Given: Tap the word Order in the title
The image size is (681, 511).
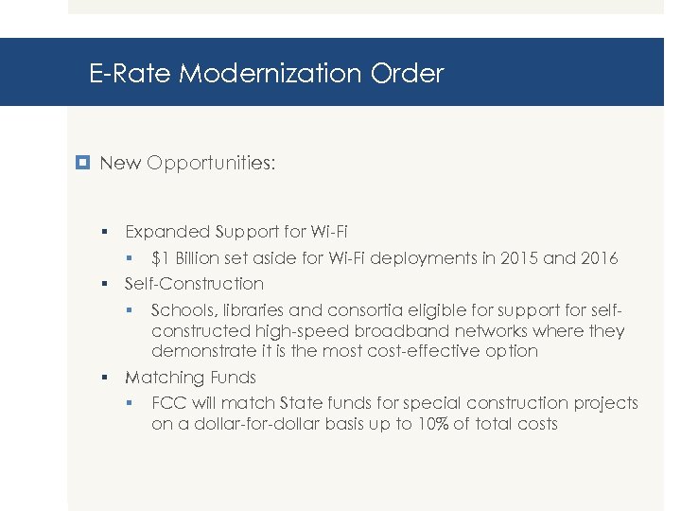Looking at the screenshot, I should (x=414, y=73).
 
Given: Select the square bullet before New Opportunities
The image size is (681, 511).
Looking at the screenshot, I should (x=83, y=163).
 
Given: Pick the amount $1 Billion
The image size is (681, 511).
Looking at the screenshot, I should (x=188, y=258).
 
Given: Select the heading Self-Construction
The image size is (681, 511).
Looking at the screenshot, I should (x=194, y=284).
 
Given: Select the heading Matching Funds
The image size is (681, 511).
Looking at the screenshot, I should (x=190, y=378).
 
